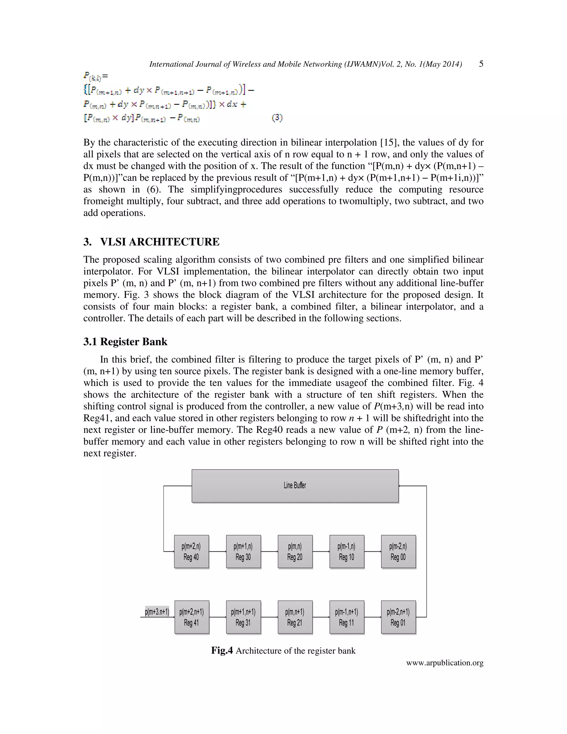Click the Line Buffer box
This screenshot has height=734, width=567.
tap(295, 486)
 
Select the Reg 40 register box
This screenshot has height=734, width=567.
tap(192, 551)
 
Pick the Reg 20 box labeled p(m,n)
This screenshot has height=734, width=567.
tap(295, 551)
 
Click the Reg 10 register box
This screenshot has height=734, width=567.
tap(347, 551)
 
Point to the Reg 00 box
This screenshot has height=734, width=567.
tap(398, 551)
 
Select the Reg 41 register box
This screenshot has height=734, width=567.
tap(192, 617)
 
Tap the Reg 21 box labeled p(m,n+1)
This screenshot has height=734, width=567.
tap(295, 617)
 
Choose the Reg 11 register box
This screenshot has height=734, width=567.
tap(347, 617)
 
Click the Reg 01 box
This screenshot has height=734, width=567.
tap(398, 617)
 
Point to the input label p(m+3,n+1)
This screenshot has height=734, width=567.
tap(157, 612)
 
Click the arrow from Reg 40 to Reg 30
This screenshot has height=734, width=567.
tap(217, 551)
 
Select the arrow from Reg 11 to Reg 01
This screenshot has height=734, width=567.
tap(373, 617)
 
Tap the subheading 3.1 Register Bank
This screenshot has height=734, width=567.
tap(125, 342)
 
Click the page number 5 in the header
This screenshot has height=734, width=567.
tap(481, 64)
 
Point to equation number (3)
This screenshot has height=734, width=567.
tap(277, 118)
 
